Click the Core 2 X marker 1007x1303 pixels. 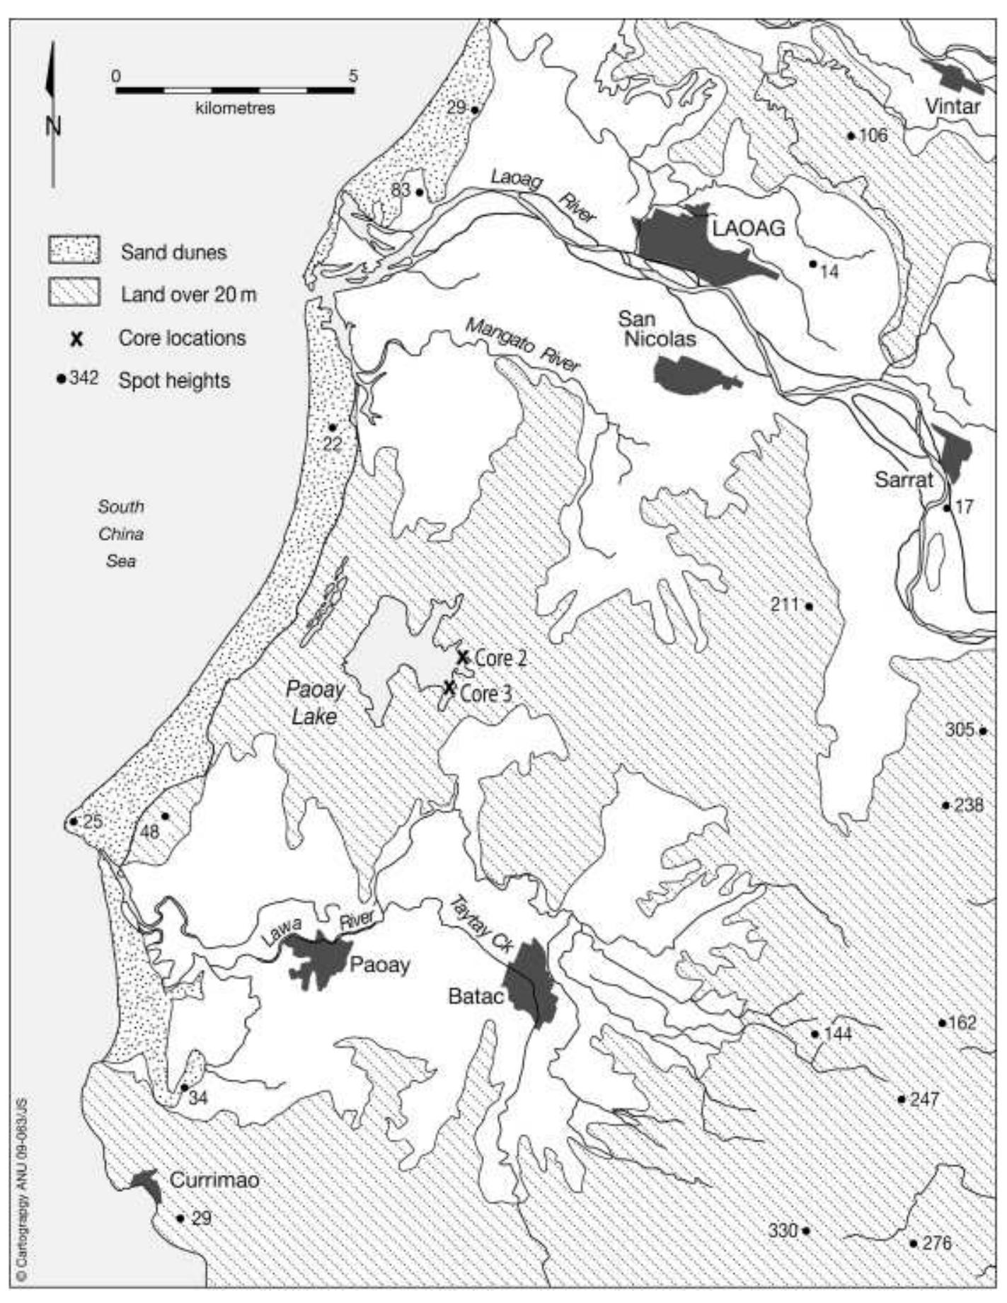(x=462, y=658)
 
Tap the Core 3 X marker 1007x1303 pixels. (x=449, y=688)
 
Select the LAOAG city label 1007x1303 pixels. (x=749, y=228)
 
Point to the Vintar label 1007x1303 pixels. (x=953, y=107)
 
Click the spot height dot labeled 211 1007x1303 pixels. (x=809, y=607)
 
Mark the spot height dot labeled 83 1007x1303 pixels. (x=420, y=192)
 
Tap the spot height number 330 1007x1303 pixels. (x=783, y=1231)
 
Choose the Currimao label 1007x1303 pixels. (x=214, y=1180)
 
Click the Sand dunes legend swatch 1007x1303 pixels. (x=74, y=251)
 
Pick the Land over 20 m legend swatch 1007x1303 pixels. (x=74, y=292)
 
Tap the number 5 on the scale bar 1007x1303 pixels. (x=353, y=76)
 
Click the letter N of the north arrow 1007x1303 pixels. (x=53, y=127)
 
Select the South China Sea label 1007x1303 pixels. (x=121, y=534)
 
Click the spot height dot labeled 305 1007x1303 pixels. (x=983, y=731)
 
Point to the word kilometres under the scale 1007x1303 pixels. (x=235, y=108)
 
